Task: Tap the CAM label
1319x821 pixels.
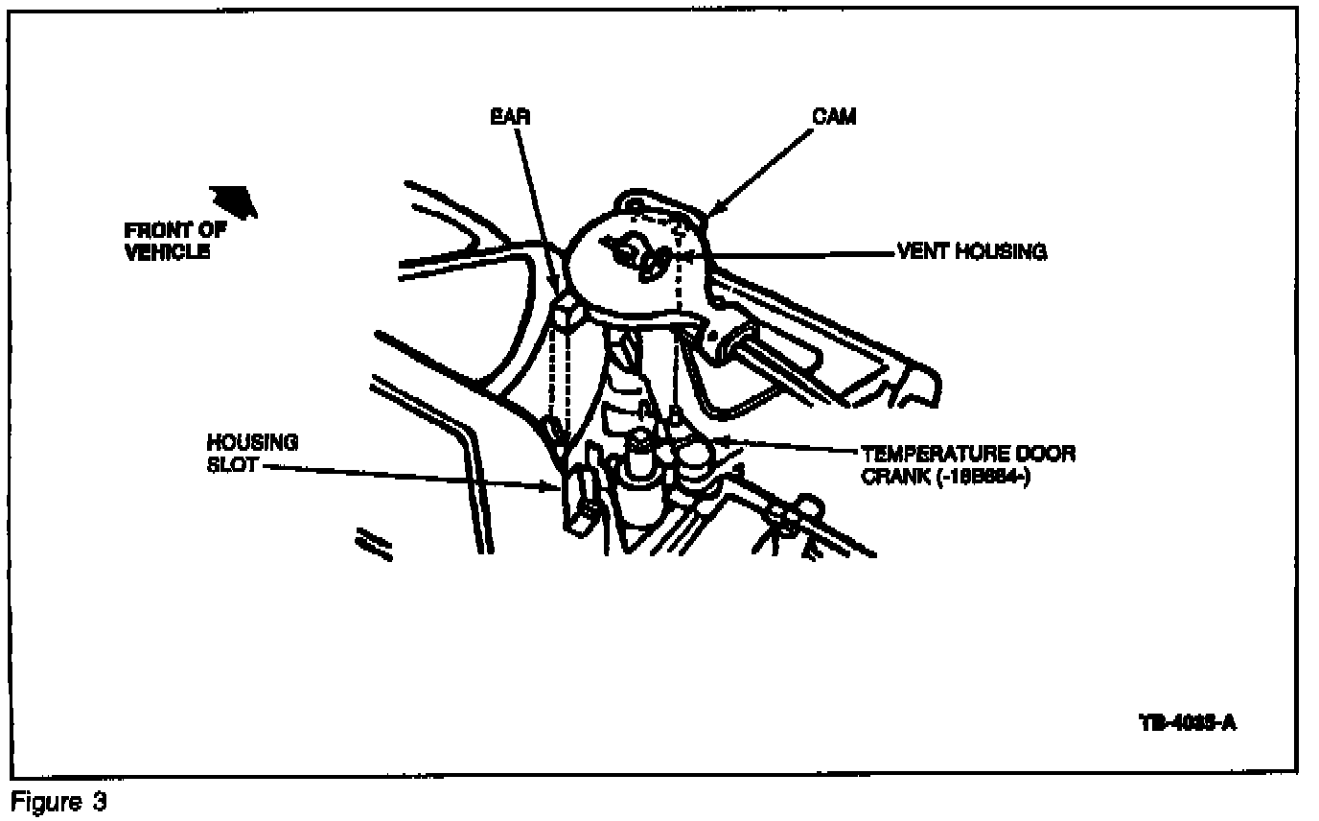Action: (x=834, y=117)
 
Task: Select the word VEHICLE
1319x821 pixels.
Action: (x=168, y=252)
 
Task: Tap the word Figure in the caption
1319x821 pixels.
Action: (x=44, y=802)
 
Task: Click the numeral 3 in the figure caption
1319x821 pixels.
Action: (x=99, y=802)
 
